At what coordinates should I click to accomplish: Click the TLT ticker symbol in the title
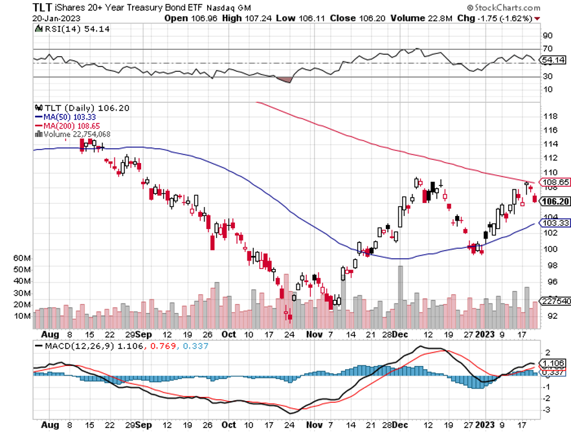(x=43, y=8)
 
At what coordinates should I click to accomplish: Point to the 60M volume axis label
(x=22, y=257)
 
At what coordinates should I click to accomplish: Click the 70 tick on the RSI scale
(x=548, y=49)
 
